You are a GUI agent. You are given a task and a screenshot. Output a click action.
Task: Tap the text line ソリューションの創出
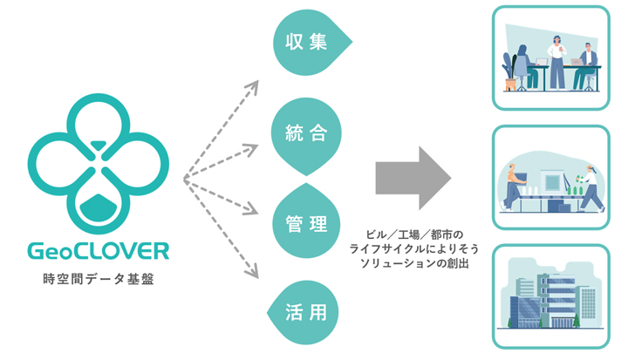(x=417, y=262)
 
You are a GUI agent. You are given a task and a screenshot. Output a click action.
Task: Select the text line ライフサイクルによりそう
(x=417, y=248)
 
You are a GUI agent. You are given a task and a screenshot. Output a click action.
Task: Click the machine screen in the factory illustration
(x=551, y=184)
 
